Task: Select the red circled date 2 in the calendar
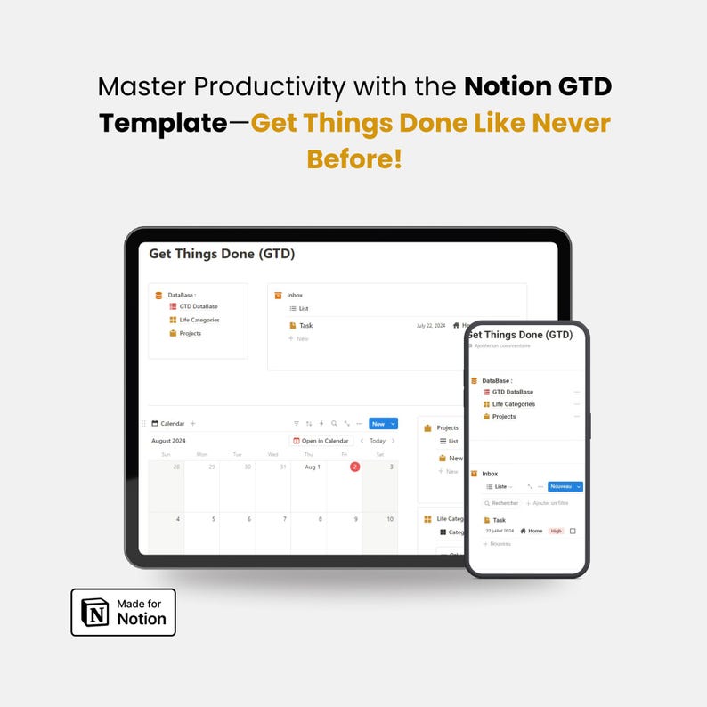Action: (x=354, y=467)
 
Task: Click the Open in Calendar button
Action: (x=321, y=441)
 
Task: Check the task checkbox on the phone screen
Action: (x=573, y=531)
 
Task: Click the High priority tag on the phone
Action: (x=557, y=531)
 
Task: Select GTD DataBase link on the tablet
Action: (x=198, y=306)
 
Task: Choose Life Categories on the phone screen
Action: (x=514, y=404)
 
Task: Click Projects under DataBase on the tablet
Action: (x=190, y=333)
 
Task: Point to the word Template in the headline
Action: (x=163, y=123)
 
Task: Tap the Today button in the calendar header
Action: (x=378, y=441)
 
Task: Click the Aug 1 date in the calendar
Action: (x=313, y=467)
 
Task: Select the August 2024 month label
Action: (x=168, y=441)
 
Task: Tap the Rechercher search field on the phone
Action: (x=504, y=503)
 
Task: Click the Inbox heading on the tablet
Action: (x=295, y=295)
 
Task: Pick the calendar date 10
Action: (x=390, y=519)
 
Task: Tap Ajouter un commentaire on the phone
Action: (x=502, y=345)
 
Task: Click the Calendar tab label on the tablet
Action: (x=172, y=424)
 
